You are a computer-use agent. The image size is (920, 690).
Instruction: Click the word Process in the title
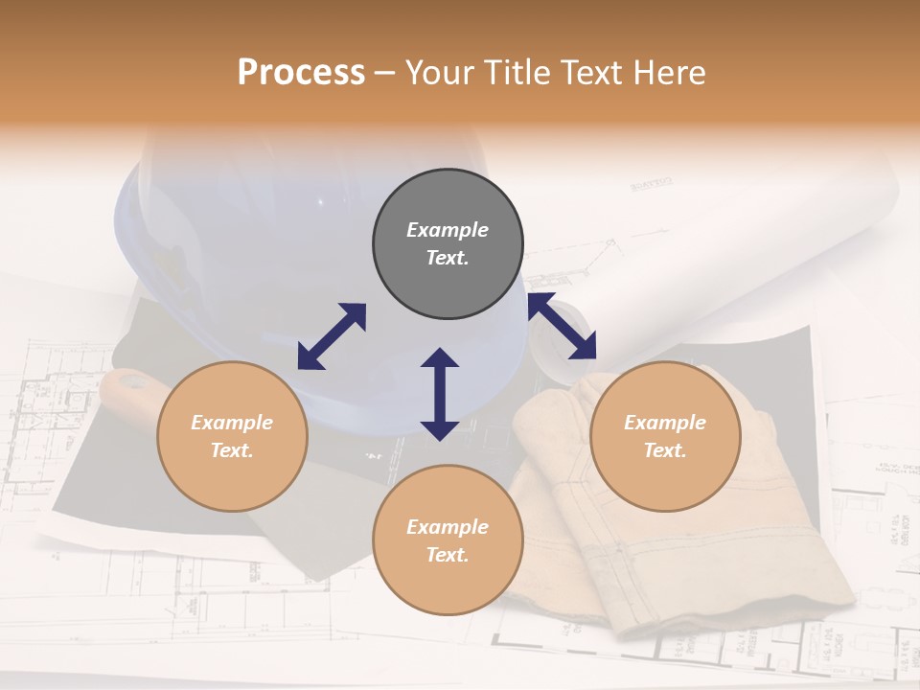click(301, 73)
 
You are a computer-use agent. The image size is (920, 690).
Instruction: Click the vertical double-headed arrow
click(440, 394)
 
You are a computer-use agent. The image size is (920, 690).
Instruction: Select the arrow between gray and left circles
click(332, 336)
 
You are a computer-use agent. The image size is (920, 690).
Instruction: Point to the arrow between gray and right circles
click(563, 327)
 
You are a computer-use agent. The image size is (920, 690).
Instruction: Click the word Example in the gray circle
click(448, 230)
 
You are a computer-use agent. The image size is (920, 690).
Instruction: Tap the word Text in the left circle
click(232, 450)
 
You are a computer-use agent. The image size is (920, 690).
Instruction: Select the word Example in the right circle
click(665, 423)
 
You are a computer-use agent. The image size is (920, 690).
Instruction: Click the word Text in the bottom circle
click(448, 555)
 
